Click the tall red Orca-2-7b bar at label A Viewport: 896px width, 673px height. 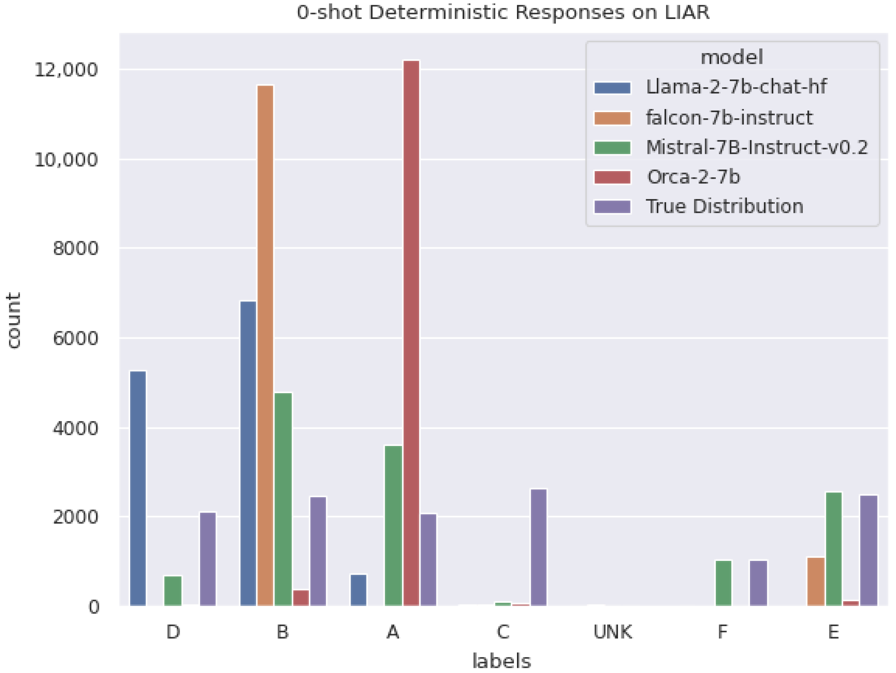pyautogui.click(x=411, y=332)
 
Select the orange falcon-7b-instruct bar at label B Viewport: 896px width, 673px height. pyautogui.click(x=265, y=344)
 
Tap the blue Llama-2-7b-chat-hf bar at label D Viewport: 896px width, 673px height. pyautogui.click(x=138, y=488)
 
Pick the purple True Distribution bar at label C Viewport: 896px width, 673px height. pyautogui.click(x=538, y=547)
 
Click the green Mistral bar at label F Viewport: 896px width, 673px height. pyautogui.click(x=723, y=583)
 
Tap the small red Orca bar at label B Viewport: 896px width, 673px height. pyautogui.click(x=301, y=598)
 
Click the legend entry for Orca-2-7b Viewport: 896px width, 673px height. pyautogui.click(x=693, y=177)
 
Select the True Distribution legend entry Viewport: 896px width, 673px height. pyautogui.click(x=724, y=207)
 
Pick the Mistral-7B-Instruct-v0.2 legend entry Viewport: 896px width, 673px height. pyautogui.click(x=756, y=147)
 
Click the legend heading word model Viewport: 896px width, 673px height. pyautogui.click(x=732, y=57)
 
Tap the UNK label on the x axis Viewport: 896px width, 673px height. pyautogui.click(x=612, y=632)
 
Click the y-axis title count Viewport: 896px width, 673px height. pyautogui.click(x=14, y=320)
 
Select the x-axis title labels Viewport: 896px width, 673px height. pyautogui.click(x=501, y=661)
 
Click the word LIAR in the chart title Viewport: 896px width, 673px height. pyautogui.click(x=688, y=12)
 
